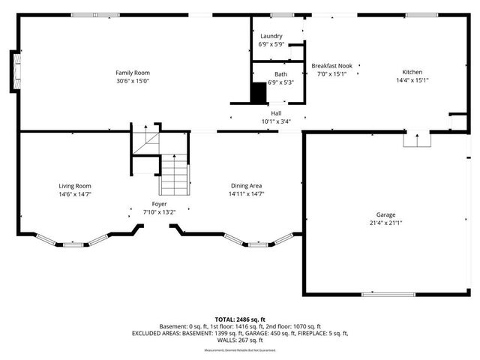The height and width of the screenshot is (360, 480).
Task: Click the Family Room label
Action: [x=127, y=73]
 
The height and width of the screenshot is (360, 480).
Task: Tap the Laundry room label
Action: [x=271, y=36]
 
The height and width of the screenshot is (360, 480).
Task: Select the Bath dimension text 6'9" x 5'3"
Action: [x=271, y=82]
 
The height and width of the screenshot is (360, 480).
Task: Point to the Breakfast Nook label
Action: [x=331, y=66]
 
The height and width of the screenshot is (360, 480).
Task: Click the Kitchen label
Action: [x=412, y=73]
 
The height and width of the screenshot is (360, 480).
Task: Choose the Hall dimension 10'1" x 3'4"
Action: [x=276, y=121]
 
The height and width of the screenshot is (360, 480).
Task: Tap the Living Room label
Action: [x=75, y=186]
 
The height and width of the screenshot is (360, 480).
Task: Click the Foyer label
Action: [x=159, y=204]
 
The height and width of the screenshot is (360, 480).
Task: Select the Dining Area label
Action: [x=246, y=186]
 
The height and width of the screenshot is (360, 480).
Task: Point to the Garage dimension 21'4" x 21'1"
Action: [x=386, y=223]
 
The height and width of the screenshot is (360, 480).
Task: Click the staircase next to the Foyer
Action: [x=173, y=174]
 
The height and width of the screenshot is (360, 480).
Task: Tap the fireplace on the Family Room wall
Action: [x=14, y=69]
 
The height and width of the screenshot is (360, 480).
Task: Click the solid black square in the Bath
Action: [x=258, y=91]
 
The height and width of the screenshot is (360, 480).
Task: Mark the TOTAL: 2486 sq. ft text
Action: [x=240, y=319]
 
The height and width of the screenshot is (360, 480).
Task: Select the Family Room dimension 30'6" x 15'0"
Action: [x=127, y=81]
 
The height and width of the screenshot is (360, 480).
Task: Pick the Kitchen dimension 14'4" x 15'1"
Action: [x=412, y=81]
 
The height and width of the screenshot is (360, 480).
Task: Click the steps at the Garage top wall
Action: [x=416, y=140]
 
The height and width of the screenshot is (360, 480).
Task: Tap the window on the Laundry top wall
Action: [x=281, y=15]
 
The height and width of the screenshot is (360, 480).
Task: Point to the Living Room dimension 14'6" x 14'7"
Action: [x=75, y=194]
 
